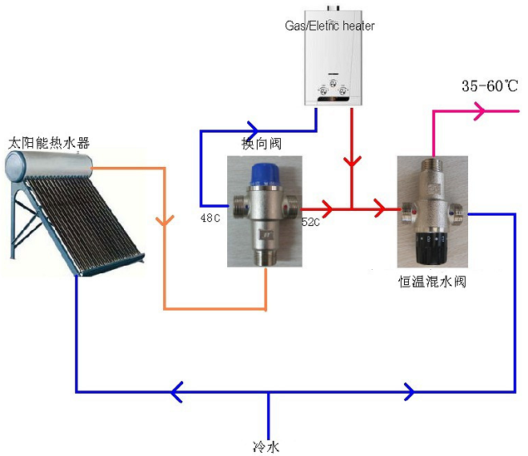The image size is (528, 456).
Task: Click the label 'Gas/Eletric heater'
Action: (330, 26)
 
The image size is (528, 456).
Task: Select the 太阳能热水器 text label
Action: (48, 143)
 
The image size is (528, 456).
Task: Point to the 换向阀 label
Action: (262, 143)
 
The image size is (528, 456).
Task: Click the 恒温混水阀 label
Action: (432, 281)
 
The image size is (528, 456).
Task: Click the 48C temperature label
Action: (210, 217)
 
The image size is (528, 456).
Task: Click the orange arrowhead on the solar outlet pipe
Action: (165, 220)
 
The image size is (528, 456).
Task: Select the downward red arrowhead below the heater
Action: (351, 163)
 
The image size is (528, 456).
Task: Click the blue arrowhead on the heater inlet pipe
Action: (253, 128)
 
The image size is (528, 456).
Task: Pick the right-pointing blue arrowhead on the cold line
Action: (410, 391)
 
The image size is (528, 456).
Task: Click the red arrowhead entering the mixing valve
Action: (390, 210)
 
